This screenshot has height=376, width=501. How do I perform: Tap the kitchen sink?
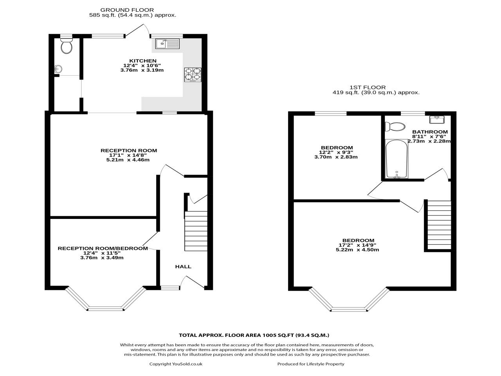pos(167,43)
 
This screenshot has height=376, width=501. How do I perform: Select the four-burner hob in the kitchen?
pos(193,75)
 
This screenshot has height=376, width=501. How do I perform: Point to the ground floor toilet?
pos(67,46)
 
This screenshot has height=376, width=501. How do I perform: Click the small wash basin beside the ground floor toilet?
pos(58,69)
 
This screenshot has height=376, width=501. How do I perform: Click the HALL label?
pos(183,267)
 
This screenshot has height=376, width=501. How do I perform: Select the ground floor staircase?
pos(196,231)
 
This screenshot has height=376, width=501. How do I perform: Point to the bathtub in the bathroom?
pos(396,159)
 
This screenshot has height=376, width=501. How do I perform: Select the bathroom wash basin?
pos(438,119)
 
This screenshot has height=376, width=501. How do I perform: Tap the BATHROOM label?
pos(430,132)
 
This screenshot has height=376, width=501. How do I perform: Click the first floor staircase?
pos(439,225)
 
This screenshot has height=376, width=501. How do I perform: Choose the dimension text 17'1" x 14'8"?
pos(129,155)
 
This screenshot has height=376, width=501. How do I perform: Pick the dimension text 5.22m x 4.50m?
pos(358,250)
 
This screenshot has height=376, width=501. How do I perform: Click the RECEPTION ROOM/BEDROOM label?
pos(103,248)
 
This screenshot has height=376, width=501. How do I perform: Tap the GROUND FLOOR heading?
pos(127,10)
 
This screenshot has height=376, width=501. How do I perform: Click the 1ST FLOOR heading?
pos(368,87)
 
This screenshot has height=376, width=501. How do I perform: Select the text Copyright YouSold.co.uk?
pos(176,364)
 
